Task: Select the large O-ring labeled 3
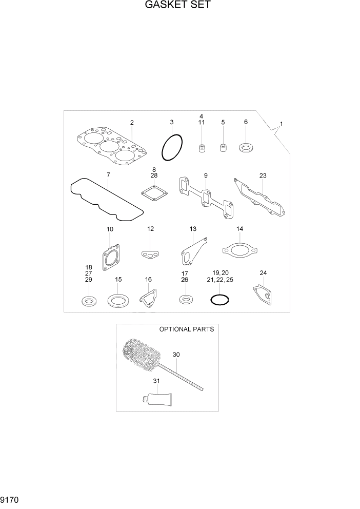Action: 172,148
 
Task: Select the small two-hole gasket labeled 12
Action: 150,253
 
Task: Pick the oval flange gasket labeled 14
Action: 238,250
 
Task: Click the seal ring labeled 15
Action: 118,300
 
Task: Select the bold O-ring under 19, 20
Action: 219,299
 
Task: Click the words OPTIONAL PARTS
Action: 186,329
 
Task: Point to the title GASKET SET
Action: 178,5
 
